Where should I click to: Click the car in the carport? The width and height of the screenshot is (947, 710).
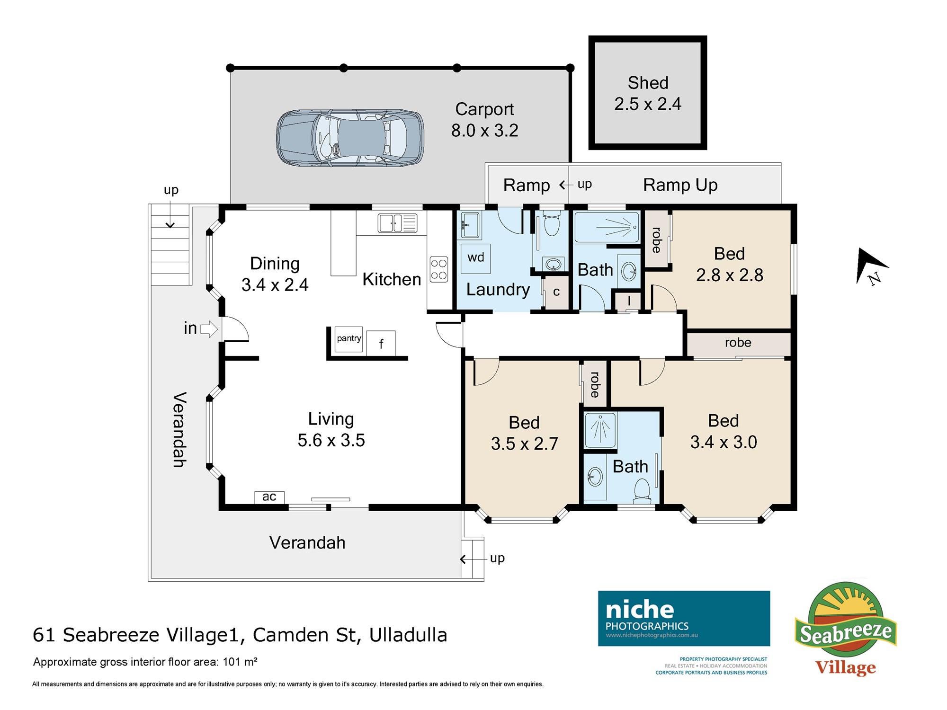[x=350, y=138]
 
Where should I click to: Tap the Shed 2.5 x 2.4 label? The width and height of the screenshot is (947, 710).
[x=648, y=93]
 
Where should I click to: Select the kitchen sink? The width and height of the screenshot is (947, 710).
[x=397, y=223]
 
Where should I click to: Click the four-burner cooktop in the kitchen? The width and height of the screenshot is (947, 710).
[x=439, y=269]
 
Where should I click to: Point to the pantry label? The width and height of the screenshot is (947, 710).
[x=349, y=338]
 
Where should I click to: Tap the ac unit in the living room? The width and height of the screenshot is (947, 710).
[x=269, y=497]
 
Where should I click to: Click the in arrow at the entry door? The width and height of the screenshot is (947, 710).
[x=209, y=328]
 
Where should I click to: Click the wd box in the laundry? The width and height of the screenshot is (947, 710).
[x=476, y=258]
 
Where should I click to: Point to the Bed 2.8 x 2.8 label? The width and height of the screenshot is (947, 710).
[x=730, y=264]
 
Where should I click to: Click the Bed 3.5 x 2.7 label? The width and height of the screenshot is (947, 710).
[x=525, y=433]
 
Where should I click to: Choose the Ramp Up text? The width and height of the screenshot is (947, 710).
[x=680, y=185]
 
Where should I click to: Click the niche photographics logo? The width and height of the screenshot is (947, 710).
[x=684, y=618]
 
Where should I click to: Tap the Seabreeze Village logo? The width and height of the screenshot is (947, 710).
[x=846, y=629]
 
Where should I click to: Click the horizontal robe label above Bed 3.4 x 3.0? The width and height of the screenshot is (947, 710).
[x=738, y=343]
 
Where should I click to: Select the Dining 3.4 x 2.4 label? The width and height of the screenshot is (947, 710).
[x=275, y=274]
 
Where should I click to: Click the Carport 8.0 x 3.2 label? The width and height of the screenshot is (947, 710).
[x=485, y=120]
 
